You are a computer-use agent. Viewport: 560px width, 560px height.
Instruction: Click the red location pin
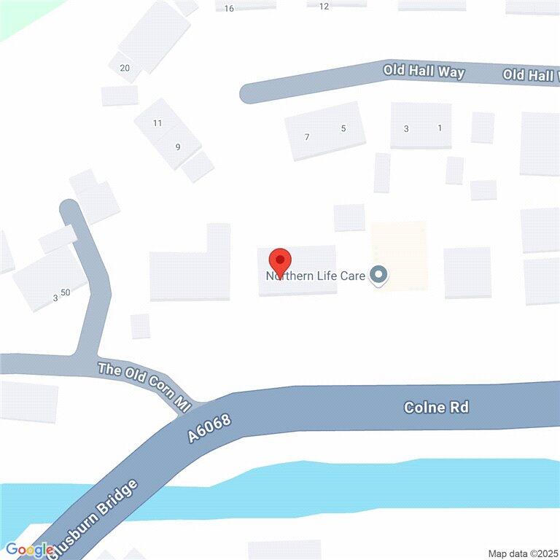click(280, 261)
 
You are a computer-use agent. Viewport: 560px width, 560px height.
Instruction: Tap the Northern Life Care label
click(315, 276)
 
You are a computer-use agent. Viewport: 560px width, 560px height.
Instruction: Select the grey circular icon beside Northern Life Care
click(378, 276)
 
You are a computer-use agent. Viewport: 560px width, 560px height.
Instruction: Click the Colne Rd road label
click(437, 407)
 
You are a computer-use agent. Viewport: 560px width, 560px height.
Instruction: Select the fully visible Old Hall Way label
click(424, 71)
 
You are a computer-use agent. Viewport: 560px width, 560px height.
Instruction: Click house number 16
click(229, 9)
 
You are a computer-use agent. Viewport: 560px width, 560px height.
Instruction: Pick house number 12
click(324, 7)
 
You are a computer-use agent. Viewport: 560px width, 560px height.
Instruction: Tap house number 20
click(125, 68)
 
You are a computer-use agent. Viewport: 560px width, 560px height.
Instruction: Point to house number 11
click(157, 123)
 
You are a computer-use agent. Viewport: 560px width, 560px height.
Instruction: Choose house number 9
click(177, 147)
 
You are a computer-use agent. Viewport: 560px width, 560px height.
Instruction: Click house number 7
click(307, 137)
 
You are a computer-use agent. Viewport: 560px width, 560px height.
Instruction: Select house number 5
click(343, 129)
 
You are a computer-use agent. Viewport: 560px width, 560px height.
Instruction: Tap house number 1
click(440, 128)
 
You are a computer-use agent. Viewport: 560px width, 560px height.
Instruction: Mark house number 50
click(66, 292)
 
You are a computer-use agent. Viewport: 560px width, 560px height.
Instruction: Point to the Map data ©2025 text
click(521, 553)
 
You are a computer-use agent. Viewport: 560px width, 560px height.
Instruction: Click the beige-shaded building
click(399, 255)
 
